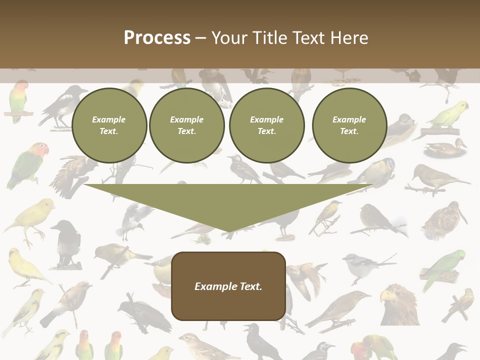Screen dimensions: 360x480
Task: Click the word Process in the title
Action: pyautogui.click(x=157, y=38)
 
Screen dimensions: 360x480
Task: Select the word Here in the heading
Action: pyautogui.click(x=348, y=38)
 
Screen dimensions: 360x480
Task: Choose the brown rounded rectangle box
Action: pyautogui.click(x=228, y=285)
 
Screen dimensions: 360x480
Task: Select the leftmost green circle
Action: pyautogui.click(x=109, y=125)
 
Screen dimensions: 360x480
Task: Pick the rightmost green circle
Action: pyautogui.click(x=349, y=125)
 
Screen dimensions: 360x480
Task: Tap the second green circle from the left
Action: pyautogui.click(x=186, y=125)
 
